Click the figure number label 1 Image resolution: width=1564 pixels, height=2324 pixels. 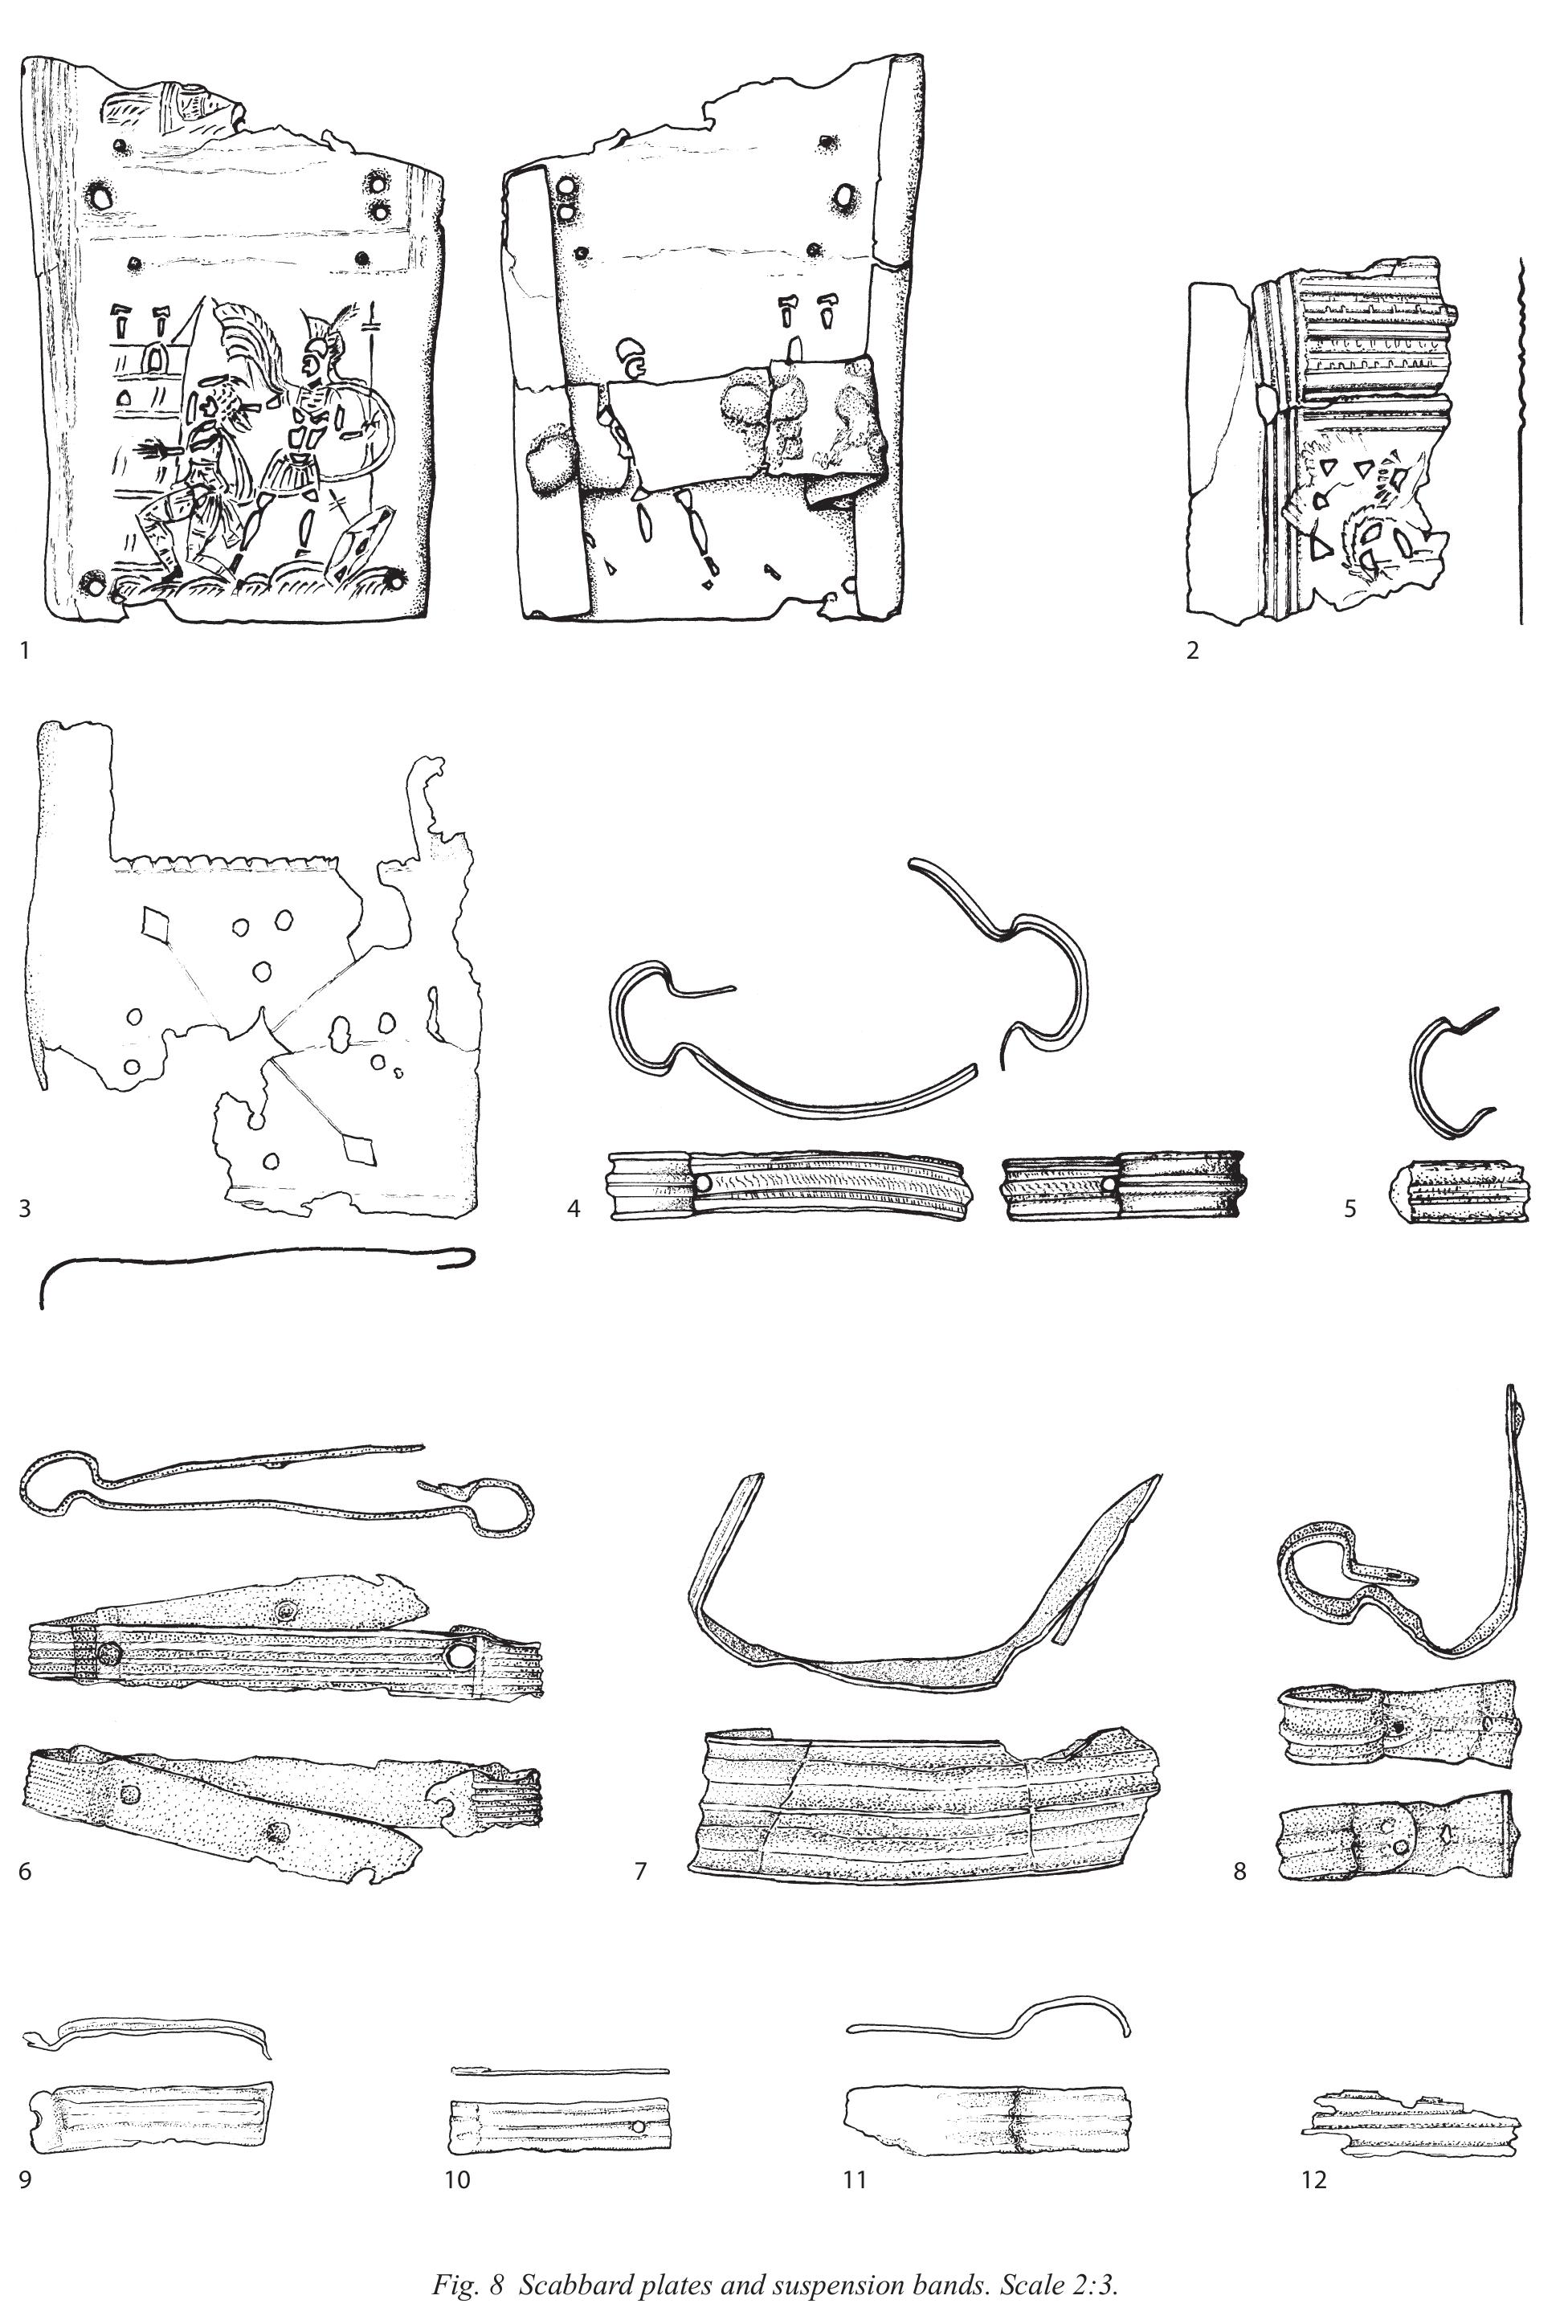click(x=24, y=652)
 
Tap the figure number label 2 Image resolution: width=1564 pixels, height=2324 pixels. click(x=1193, y=652)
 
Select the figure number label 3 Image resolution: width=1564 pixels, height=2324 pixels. click(x=25, y=1209)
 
